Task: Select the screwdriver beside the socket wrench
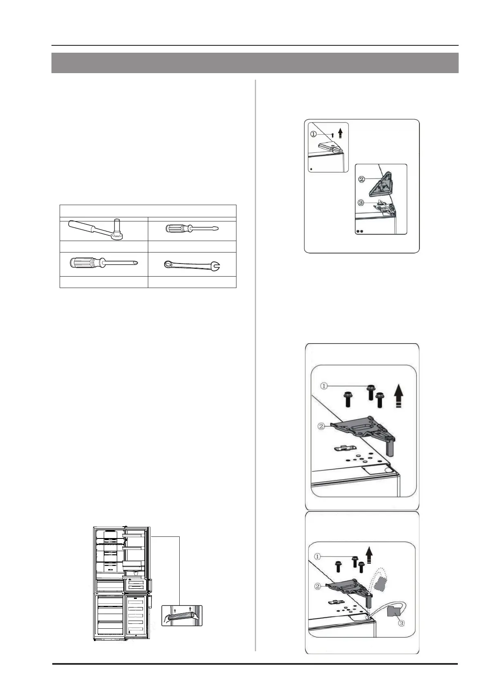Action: click(192, 229)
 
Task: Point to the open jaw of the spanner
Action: click(215, 267)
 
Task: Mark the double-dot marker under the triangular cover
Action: click(360, 231)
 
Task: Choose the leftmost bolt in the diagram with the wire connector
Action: click(339, 567)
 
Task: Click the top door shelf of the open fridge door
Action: click(134, 534)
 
